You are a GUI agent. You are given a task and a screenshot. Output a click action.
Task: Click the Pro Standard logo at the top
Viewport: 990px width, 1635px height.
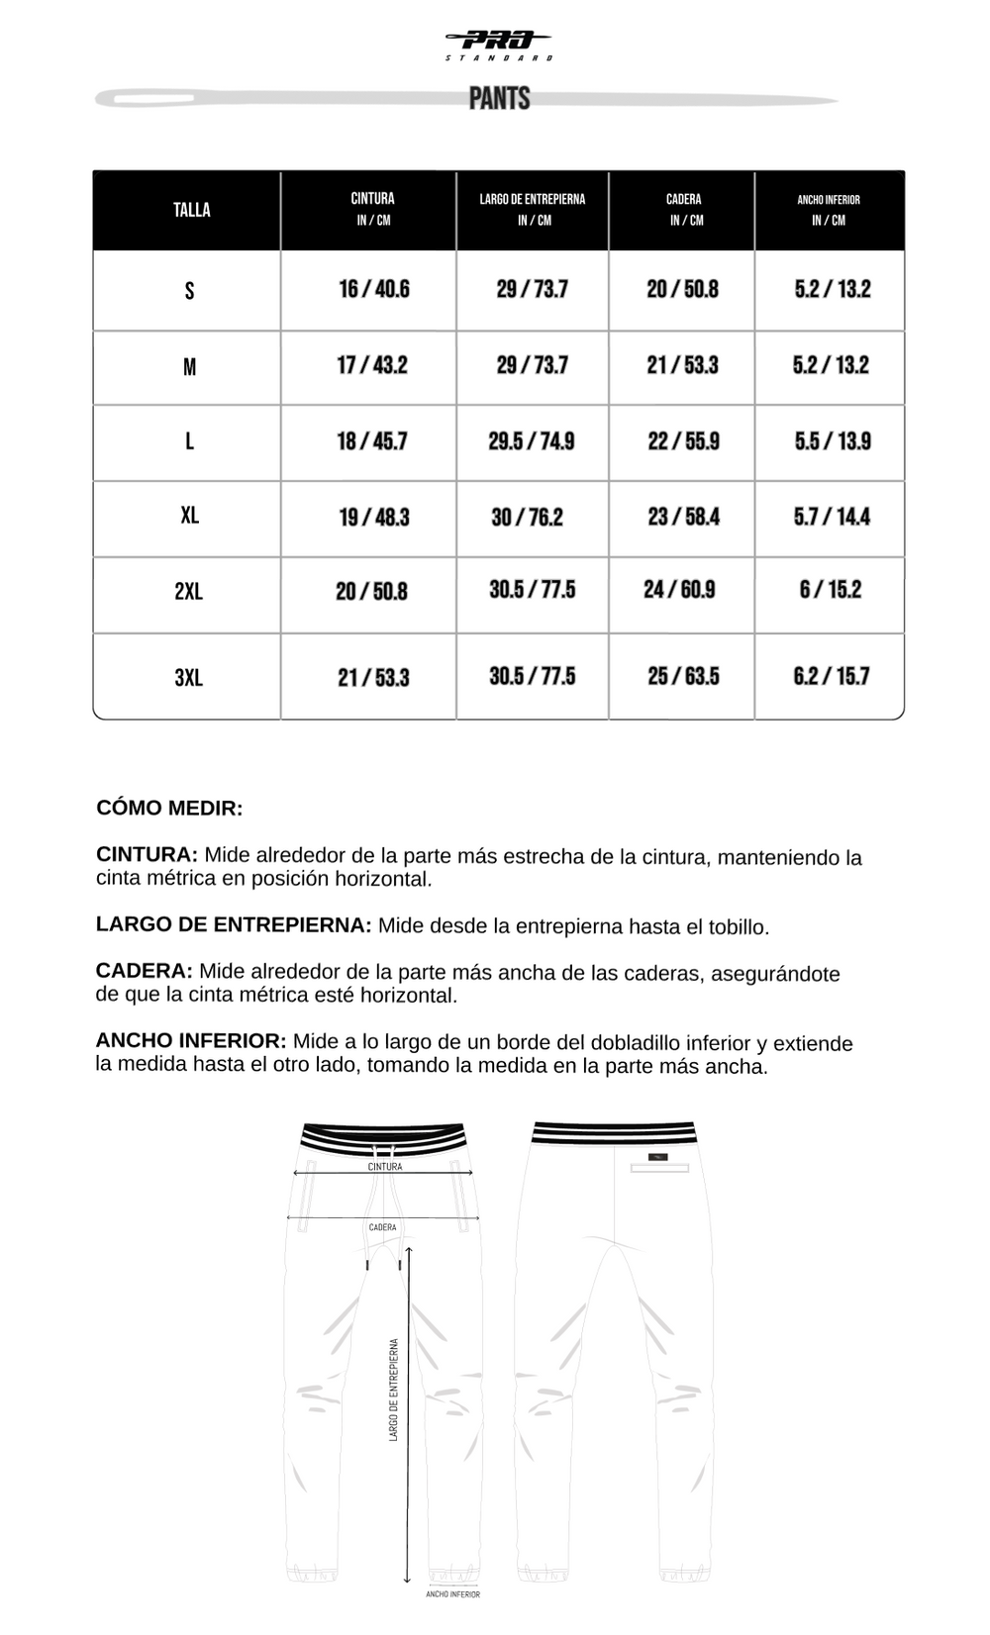pyautogui.click(x=499, y=44)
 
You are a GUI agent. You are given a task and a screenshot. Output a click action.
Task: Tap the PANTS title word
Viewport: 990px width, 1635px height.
pyautogui.click(x=499, y=99)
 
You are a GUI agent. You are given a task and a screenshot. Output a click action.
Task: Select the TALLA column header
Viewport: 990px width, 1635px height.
pyautogui.click(x=191, y=210)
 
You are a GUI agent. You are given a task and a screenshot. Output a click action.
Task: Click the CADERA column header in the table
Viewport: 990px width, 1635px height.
pyautogui.click(x=683, y=209)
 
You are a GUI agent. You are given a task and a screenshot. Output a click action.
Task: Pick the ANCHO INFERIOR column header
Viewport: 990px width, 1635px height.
pyautogui.click(x=829, y=209)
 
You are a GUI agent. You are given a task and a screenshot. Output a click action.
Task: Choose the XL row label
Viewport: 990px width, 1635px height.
pyautogui.click(x=189, y=516)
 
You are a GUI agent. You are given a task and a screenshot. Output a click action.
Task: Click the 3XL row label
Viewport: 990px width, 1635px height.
pyautogui.click(x=188, y=678)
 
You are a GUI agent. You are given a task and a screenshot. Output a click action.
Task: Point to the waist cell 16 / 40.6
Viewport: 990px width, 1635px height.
pyautogui.click(x=373, y=289)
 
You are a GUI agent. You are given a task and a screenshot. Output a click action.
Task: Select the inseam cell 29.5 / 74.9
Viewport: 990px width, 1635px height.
pyautogui.click(x=531, y=441)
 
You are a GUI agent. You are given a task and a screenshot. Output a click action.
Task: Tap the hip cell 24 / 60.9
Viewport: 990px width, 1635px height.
pyautogui.click(x=679, y=590)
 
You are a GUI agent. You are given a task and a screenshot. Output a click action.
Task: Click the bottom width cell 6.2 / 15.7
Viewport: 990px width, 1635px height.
pyautogui.click(x=831, y=677)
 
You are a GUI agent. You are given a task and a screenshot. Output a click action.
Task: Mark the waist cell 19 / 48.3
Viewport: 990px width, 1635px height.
pyautogui.click(x=373, y=518)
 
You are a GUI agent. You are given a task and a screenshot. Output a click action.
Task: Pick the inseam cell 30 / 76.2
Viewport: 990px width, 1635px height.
pyautogui.click(x=527, y=518)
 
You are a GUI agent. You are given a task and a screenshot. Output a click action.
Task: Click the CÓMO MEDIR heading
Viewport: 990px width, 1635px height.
pyautogui.click(x=169, y=809)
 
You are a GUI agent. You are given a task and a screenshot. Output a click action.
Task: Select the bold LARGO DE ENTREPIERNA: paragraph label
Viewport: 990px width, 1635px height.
pyautogui.click(x=234, y=925)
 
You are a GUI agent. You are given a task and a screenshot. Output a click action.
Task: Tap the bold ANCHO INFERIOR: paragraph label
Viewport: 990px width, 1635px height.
pyautogui.click(x=191, y=1041)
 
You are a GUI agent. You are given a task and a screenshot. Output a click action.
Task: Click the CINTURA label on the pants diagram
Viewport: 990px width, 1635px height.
pyautogui.click(x=385, y=1167)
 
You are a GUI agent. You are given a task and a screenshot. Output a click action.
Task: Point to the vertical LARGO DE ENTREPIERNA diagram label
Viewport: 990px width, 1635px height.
pyautogui.click(x=393, y=1390)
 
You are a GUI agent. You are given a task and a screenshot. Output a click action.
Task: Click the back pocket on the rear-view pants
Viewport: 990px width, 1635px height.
pyautogui.click(x=659, y=1169)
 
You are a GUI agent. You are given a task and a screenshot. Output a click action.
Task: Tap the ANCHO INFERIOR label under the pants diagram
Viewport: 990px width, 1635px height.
pyautogui.click(x=452, y=1594)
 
